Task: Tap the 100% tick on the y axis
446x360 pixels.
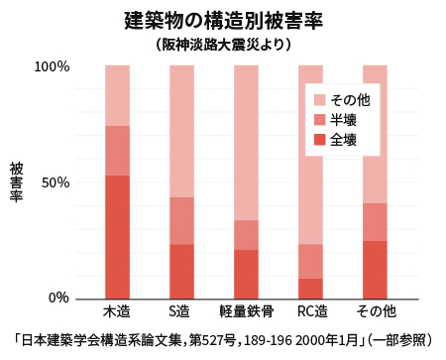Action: (52, 66)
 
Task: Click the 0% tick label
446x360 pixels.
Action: (58, 298)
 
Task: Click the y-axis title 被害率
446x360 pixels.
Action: (16, 182)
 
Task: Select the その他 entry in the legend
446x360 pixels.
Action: (350, 100)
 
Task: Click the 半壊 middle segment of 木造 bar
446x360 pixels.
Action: (117, 150)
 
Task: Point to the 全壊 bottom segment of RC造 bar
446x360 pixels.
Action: (310, 288)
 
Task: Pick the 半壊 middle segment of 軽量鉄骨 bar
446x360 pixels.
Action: (246, 234)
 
